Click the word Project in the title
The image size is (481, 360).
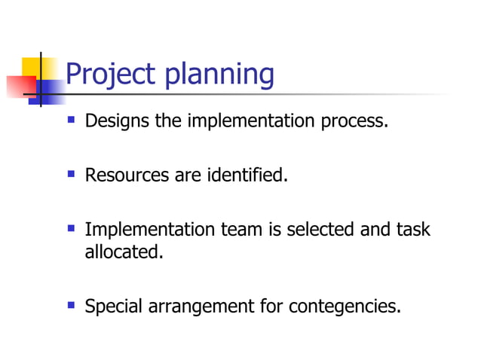pos(110,75)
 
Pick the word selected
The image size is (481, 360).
pos(320,230)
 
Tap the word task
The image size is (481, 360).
pos(412,230)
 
